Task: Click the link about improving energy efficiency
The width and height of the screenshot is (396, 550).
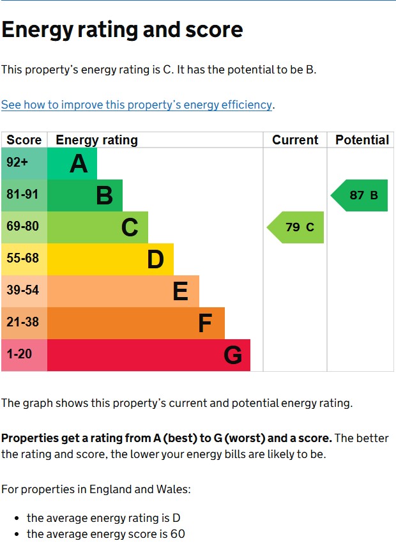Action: pyautogui.click(x=137, y=105)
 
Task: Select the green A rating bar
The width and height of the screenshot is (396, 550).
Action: pyautogui.click(x=72, y=164)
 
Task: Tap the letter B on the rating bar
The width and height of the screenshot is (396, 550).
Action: pyautogui.click(x=105, y=195)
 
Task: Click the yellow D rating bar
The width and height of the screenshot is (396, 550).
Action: pyautogui.click(x=110, y=259)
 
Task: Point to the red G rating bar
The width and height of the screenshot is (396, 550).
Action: pyautogui.click(x=149, y=355)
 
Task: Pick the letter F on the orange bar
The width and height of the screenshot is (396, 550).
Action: pyautogui.click(x=205, y=323)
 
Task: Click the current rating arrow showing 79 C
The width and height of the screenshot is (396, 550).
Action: pyautogui.click(x=295, y=227)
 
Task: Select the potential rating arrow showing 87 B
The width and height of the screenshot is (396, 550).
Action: pyautogui.click(x=359, y=195)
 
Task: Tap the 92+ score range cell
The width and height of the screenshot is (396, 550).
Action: pyautogui.click(x=24, y=164)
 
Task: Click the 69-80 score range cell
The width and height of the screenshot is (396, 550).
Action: pyautogui.click(x=24, y=227)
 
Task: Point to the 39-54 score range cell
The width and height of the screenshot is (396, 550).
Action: pyautogui.click(x=24, y=291)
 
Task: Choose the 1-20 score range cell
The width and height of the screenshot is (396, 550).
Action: pyautogui.click(x=24, y=355)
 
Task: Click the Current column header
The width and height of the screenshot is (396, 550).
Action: pyautogui.click(x=295, y=140)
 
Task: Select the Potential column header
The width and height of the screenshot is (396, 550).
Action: pyautogui.click(x=362, y=140)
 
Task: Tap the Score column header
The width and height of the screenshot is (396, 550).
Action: pyautogui.click(x=24, y=140)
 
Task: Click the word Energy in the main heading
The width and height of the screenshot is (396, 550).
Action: pyautogui.click(x=37, y=31)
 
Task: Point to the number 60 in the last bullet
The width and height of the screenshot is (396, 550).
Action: pyautogui.click(x=178, y=534)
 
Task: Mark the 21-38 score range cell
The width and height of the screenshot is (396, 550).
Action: pyautogui.click(x=24, y=323)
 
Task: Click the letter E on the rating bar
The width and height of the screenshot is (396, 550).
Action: pyautogui.click(x=181, y=291)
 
